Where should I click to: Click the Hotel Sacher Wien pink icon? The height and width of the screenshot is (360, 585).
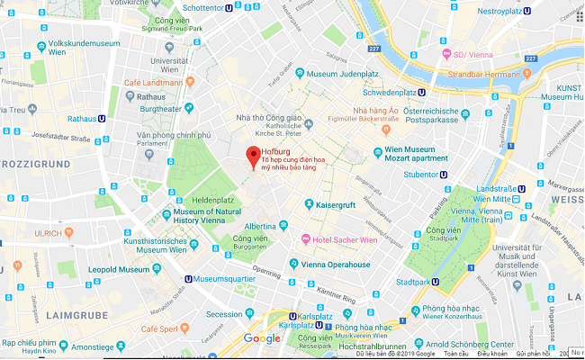(305, 239)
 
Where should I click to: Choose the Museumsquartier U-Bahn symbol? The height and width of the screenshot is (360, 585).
(187, 278)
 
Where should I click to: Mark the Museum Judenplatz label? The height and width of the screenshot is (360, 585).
(340, 73)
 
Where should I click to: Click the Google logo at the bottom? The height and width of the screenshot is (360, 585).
(262, 338)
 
